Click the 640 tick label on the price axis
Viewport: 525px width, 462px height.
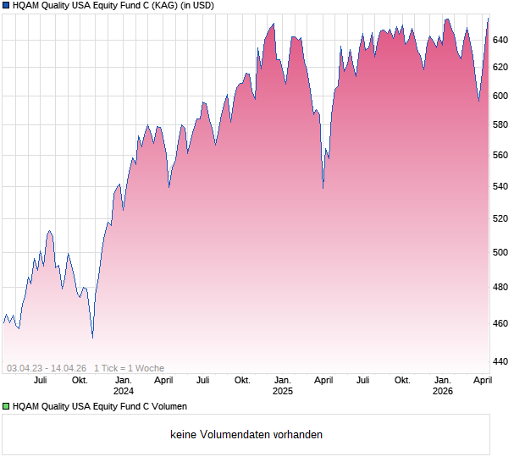[500, 40]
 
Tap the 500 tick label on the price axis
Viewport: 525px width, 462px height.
[500, 252]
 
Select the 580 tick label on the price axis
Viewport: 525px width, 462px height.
[500, 125]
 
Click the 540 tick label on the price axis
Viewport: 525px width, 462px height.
[500, 187]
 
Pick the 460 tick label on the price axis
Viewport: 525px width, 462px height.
[500, 324]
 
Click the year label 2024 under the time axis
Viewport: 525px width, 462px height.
[124, 391]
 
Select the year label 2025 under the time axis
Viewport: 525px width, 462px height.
[283, 391]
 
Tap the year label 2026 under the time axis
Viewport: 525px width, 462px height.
[442, 391]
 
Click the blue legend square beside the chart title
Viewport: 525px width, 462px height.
[6, 6]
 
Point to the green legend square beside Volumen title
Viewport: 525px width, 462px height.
[6, 406]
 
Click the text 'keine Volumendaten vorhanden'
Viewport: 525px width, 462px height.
[246, 435]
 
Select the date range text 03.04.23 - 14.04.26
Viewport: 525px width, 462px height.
[47, 368]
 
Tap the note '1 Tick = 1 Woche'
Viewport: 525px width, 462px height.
[129, 368]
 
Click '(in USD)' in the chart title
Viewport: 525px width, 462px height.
[197, 6]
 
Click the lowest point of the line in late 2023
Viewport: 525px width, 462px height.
[92, 337]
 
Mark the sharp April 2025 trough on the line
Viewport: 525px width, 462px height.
[323, 187]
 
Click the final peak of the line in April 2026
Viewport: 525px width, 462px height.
[488, 18]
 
